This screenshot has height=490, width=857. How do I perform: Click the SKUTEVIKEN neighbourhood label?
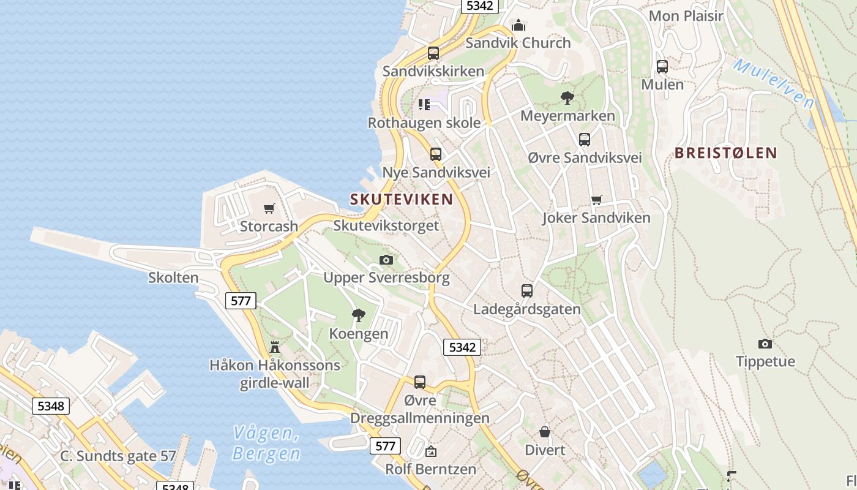[x=402, y=199]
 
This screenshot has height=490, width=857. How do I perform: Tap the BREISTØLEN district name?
[x=725, y=153]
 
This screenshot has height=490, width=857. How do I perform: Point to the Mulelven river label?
[x=773, y=83]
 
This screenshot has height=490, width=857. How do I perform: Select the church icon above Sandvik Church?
[x=518, y=25]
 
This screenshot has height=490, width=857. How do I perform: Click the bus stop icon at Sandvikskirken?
[x=433, y=53]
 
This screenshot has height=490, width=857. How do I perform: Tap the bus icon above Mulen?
[x=662, y=67]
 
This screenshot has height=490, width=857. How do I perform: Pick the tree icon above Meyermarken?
[x=567, y=97]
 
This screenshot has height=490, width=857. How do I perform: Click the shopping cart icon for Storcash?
[x=269, y=209]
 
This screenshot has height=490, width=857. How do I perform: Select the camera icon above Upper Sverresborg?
[x=386, y=260]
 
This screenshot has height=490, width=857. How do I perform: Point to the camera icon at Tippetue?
[x=765, y=344]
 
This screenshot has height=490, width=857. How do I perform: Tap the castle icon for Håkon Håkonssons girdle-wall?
[x=275, y=347]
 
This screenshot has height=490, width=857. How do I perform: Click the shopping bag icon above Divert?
[x=545, y=432]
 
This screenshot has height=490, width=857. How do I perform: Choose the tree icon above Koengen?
[x=359, y=315]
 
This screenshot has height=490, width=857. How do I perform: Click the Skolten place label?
[x=173, y=277]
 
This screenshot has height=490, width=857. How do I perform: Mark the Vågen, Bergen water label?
[x=266, y=443]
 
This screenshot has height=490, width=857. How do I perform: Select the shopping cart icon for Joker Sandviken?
[x=597, y=200]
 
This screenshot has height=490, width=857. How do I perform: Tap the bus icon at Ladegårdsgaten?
[x=527, y=291]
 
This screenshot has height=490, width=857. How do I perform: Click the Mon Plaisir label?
[x=686, y=16]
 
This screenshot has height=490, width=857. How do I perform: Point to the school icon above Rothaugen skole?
[x=424, y=105]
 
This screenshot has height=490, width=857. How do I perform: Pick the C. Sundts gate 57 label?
[x=118, y=456]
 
